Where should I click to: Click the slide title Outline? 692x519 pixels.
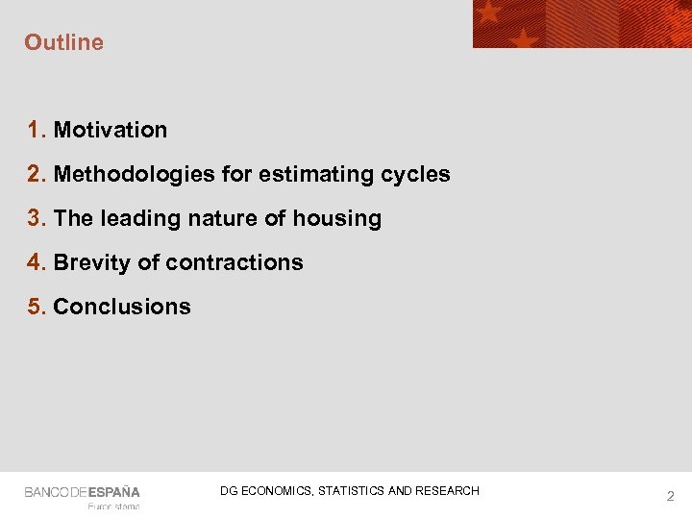(63, 42)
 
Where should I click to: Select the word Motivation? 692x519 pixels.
(111, 130)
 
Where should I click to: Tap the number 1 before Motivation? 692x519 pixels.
(36, 130)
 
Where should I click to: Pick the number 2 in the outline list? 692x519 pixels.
(36, 174)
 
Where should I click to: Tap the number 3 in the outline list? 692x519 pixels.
(36, 218)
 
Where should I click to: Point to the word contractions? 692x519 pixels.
(235, 262)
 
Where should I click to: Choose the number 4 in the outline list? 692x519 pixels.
(36, 262)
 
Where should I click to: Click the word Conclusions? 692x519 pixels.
(122, 307)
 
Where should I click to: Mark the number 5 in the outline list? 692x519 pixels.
(36, 307)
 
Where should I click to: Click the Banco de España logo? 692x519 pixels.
(83, 492)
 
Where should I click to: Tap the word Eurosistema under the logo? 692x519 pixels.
(113, 507)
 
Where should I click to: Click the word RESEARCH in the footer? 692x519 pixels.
(447, 491)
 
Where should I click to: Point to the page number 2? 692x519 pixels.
(671, 496)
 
